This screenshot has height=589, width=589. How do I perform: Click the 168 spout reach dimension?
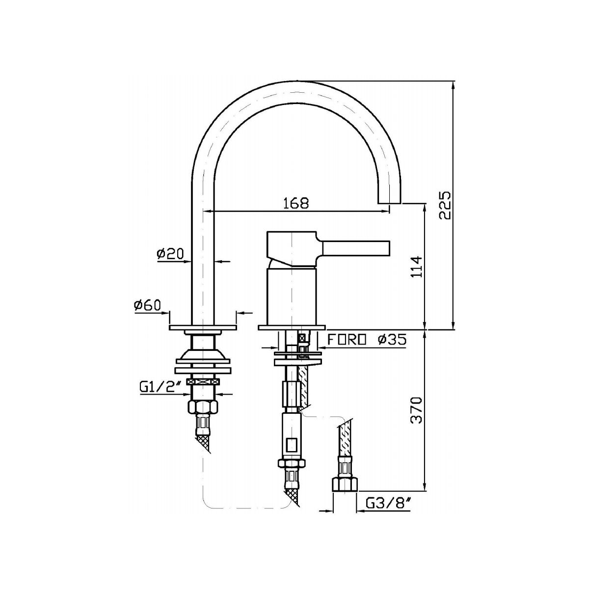(x=296, y=203)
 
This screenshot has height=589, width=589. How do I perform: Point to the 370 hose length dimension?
(x=416, y=410)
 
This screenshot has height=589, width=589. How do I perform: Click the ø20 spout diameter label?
(x=170, y=253)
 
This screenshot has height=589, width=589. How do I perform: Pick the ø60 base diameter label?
(x=147, y=305)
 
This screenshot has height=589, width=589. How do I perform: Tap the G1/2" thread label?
(x=161, y=388)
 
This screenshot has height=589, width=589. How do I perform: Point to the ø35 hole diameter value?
(x=392, y=339)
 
